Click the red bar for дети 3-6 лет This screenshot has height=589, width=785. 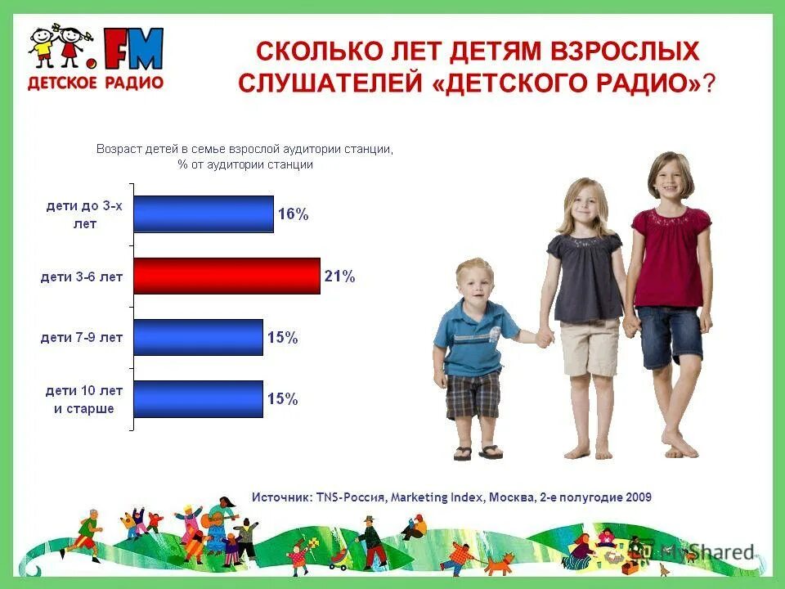(x=227, y=276)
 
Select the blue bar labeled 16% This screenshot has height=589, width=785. (x=204, y=214)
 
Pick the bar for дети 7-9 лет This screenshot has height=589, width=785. (x=199, y=337)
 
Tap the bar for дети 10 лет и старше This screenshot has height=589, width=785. (x=199, y=399)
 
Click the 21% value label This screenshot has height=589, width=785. (x=339, y=277)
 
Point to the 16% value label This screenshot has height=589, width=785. (x=293, y=214)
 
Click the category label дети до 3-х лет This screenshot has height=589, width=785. (x=83, y=214)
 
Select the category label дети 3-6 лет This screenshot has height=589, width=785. (x=82, y=277)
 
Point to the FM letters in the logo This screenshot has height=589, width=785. (x=133, y=49)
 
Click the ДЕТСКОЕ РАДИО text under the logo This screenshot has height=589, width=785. (x=95, y=83)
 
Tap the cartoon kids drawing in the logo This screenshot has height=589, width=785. (x=58, y=47)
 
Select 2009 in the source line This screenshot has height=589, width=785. (x=638, y=497)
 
